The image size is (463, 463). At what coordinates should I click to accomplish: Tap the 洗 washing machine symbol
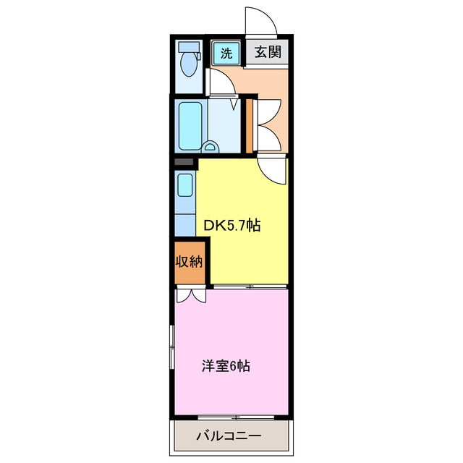coord(226,52)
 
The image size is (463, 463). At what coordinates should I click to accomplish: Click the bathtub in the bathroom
coord(191,124)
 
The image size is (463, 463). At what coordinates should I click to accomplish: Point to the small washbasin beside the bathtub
coord(211,146)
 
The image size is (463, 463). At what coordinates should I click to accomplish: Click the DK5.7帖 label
coord(231,226)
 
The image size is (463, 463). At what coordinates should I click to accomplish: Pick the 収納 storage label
coord(190,261)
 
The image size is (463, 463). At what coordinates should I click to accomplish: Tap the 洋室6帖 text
coord(226,366)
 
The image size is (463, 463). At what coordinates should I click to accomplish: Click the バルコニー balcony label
coord(229,436)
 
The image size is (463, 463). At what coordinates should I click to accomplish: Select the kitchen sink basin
coord(185,186)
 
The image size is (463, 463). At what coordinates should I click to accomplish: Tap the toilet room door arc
coord(223,85)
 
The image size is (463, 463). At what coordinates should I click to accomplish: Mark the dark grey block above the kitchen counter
coord(184,163)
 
